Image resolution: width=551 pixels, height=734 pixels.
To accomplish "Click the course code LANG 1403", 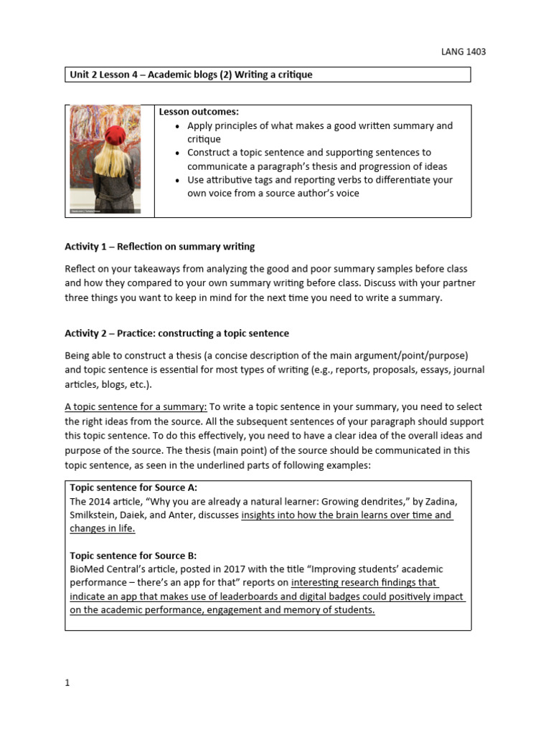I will (466, 52).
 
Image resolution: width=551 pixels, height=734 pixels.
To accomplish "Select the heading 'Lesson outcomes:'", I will (199, 112).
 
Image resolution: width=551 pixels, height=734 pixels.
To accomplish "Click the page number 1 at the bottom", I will (67, 683).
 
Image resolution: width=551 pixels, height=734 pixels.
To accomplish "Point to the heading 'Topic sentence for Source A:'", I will (133, 487).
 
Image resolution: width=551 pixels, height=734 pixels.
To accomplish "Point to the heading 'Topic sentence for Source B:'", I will (133, 556).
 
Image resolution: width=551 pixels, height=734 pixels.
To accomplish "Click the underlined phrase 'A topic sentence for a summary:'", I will (136, 406).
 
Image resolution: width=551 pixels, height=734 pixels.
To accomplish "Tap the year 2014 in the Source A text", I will (101, 501).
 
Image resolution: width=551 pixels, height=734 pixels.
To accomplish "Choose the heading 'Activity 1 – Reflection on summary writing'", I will (159, 247).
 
